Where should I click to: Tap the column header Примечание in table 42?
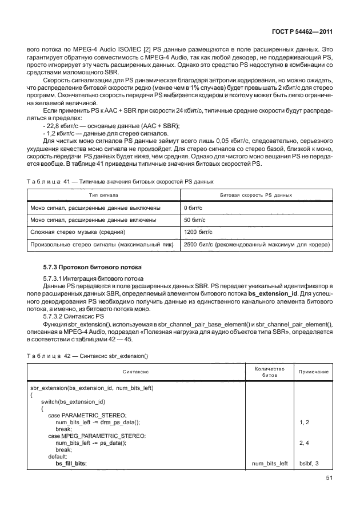313,372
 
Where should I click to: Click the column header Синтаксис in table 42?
135,372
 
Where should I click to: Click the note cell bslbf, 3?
309,463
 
